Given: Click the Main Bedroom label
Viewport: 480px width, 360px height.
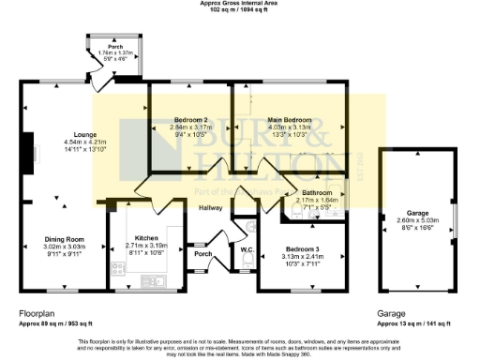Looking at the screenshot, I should pyautogui.click(x=288, y=120).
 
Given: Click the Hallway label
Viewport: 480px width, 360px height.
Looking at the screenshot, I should pyautogui.click(x=210, y=207).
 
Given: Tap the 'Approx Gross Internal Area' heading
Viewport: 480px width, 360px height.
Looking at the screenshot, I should pyautogui.click(x=239, y=4).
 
